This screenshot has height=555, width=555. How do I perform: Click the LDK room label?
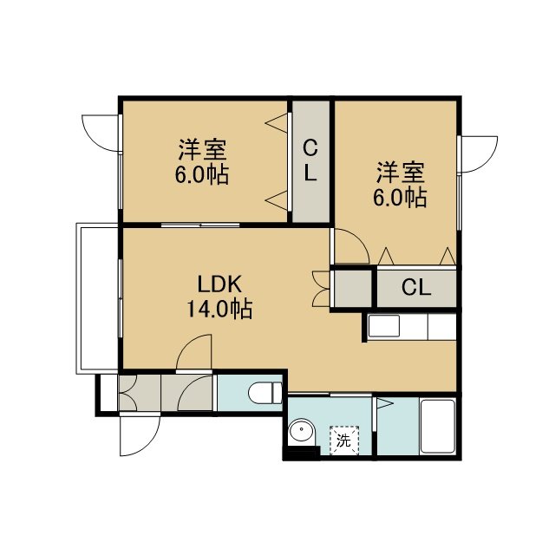[219, 284]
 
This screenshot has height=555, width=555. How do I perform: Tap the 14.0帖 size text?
[219, 309]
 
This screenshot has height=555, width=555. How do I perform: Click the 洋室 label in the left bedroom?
[202, 149]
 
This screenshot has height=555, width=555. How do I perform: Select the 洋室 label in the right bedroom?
[401, 173]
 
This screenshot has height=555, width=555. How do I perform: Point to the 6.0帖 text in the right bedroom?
[400, 197]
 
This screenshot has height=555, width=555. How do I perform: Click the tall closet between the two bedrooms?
[310, 162]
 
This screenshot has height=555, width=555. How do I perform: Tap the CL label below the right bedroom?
[416, 287]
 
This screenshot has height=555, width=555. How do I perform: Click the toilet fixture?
[265, 393]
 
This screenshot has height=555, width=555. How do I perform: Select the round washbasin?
[302, 432]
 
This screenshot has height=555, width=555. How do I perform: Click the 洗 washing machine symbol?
[344, 440]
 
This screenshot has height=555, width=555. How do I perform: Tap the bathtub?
[437, 426]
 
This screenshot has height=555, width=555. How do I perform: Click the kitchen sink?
[384, 326]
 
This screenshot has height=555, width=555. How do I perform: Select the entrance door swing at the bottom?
[140, 435]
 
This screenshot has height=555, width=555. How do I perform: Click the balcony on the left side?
[97, 298]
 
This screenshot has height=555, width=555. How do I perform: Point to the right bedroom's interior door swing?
[351, 246]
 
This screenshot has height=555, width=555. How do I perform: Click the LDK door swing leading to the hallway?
[194, 352]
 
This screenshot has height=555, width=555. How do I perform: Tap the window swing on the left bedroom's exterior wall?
[101, 133]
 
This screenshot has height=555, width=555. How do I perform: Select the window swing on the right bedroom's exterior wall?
[479, 154]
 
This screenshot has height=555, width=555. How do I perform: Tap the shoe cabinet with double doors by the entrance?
[140, 393]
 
